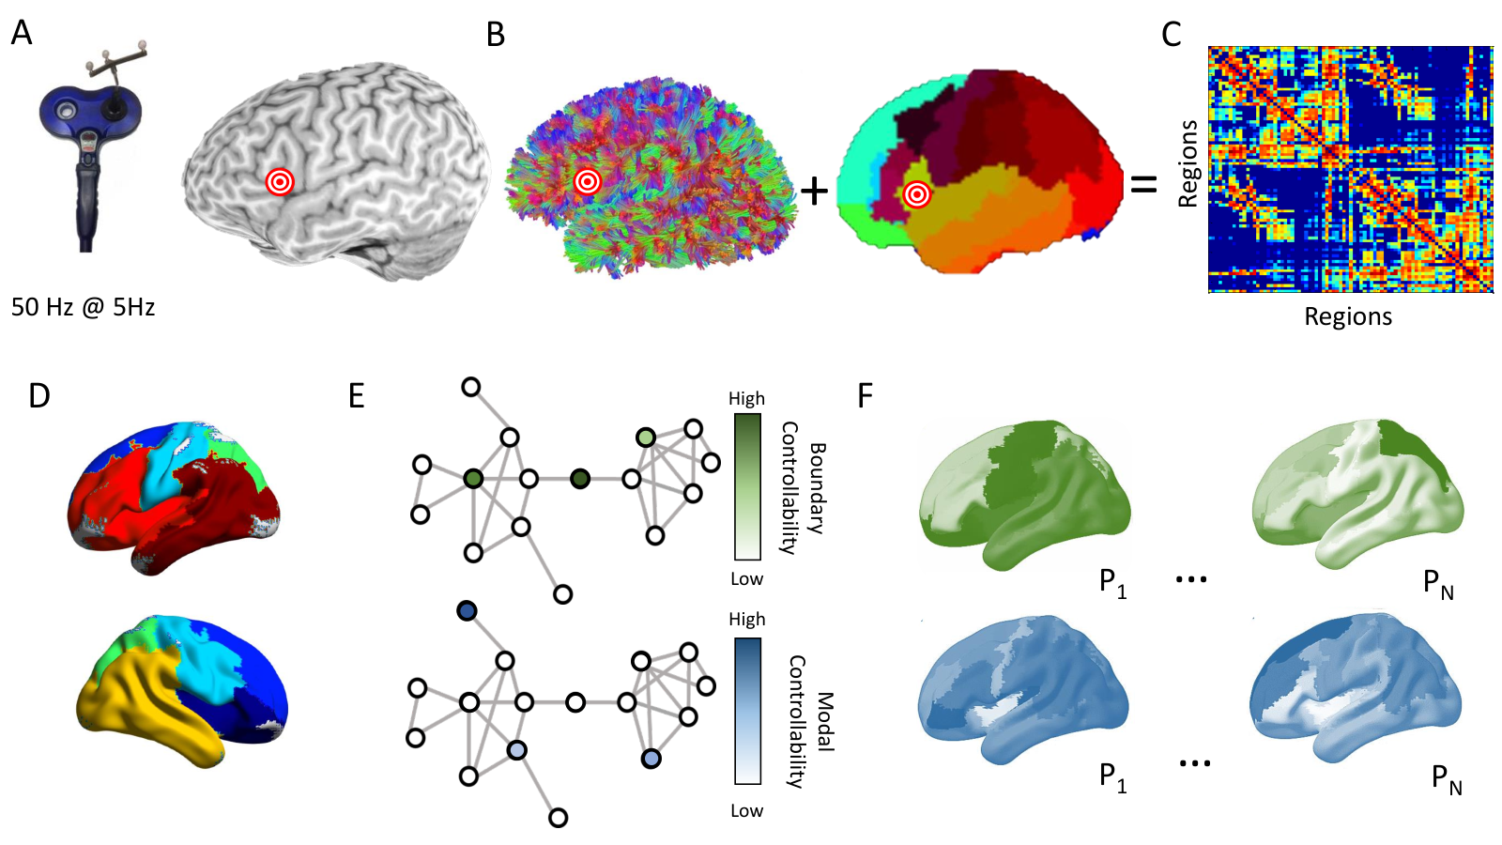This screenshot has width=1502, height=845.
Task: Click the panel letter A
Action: [x=22, y=33]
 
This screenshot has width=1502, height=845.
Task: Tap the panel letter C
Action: [x=1171, y=34]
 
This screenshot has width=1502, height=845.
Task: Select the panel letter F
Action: [x=866, y=396]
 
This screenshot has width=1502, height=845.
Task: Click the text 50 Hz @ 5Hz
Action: [x=84, y=307]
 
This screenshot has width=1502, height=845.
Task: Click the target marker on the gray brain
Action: [x=280, y=182]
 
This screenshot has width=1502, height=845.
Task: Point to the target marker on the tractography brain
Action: [x=588, y=181]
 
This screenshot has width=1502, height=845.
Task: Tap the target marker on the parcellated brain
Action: [x=916, y=195]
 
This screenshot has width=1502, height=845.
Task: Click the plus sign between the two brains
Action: [x=815, y=192]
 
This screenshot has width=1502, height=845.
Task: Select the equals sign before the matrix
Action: [x=1144, y=184]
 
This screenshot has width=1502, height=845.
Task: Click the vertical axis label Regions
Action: [x=1188, y=164]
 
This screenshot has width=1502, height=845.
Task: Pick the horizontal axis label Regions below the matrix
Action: [x=1348, y=316]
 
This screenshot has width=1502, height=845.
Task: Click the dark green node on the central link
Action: [x=580, y=479]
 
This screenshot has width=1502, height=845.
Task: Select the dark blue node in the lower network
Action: [x=467, y=611]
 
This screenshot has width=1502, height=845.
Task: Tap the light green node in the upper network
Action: [x=646, y=438]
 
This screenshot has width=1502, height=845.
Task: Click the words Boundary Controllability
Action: [x=802, y=487]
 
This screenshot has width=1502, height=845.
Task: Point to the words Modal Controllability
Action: [x=810, y=722]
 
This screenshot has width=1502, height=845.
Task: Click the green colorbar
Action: [x=747, y=487]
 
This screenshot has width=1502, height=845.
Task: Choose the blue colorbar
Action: [x=747, y=711]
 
